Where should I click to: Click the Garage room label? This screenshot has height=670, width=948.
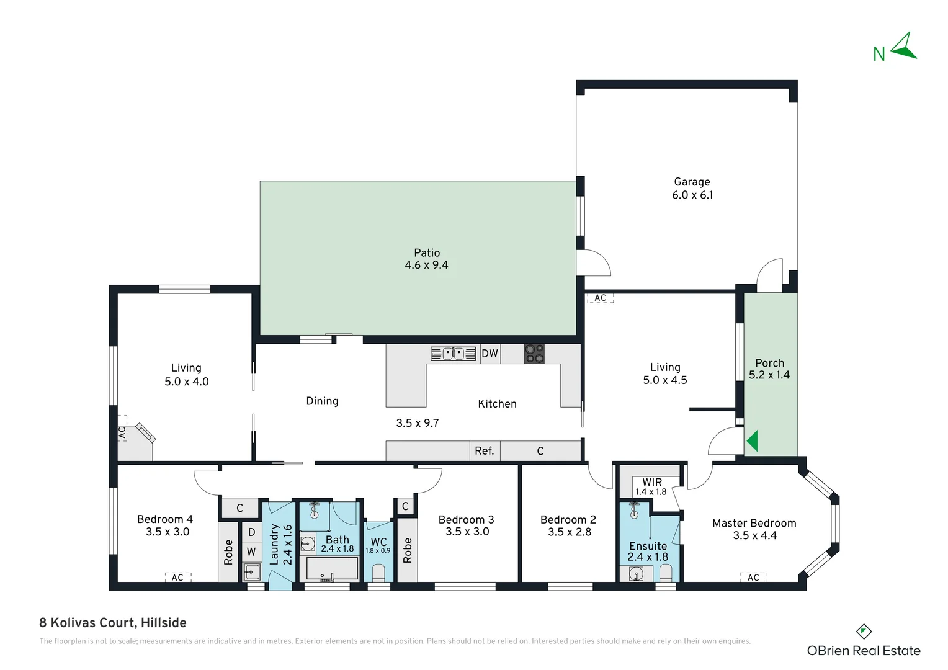[692, 182]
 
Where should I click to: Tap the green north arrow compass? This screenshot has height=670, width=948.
[905, 47]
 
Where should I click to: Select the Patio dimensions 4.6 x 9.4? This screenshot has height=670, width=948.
[426, 265]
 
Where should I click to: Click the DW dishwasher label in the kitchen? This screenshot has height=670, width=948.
[490, 354]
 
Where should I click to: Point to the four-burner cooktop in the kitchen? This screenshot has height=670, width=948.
[534, 354]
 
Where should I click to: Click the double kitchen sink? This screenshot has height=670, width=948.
[453, 354]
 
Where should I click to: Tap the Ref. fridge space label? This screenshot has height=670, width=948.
[485, 451]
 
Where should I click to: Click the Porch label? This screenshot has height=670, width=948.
[770, 363]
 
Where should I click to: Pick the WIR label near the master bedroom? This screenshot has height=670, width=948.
[651, 482]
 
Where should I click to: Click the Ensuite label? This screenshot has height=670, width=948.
[648, 546]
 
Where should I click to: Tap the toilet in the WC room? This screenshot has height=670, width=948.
[378, 573]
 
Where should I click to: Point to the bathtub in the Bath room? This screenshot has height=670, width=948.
[332, 568]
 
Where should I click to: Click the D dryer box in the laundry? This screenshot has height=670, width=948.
[251, 532]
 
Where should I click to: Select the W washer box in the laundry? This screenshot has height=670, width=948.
[251, 552]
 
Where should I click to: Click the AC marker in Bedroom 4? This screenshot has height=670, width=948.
[177, 578]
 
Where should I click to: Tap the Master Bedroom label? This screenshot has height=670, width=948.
[754, 523]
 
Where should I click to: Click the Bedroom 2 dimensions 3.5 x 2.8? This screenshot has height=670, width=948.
[570, 532]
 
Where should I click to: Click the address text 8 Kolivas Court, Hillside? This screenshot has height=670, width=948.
[113, 623]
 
